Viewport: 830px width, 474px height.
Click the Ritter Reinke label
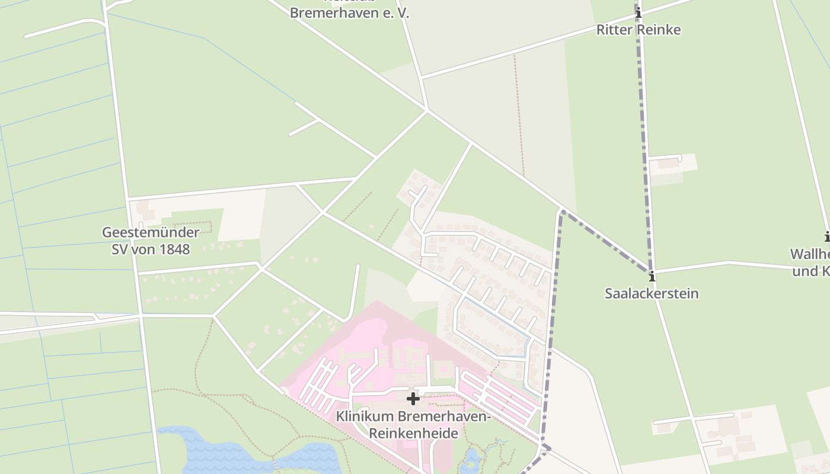638,30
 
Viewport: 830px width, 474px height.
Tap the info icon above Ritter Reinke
639,13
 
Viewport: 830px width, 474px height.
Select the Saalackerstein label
652,293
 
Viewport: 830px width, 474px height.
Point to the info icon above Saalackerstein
652,277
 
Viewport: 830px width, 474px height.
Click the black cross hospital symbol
413,399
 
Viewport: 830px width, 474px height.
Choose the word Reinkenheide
414,433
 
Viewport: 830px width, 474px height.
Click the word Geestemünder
151,232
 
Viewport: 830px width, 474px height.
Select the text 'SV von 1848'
151,249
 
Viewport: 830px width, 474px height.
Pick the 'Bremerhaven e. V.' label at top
349,13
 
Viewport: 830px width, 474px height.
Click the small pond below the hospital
472,459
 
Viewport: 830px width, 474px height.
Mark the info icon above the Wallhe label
827,236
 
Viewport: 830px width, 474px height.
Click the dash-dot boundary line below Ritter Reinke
644,118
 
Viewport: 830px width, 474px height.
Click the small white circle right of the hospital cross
421,392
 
